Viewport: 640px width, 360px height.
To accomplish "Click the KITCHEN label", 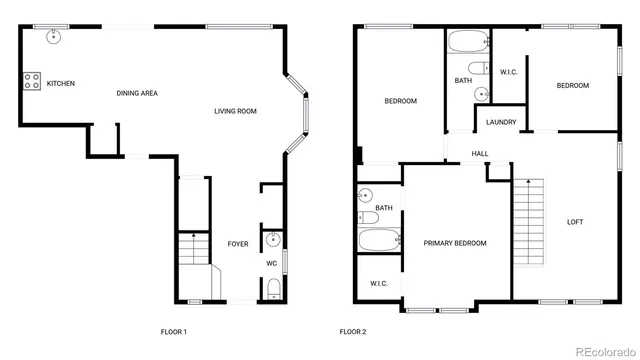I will click(60, 83).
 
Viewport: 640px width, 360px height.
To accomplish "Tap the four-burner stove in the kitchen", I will click(31, 82).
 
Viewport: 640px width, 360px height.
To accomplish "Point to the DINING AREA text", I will click(137, 93).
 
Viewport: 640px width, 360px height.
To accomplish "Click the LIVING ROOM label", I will click(237, 111).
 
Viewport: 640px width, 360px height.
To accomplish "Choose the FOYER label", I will click(237, 244).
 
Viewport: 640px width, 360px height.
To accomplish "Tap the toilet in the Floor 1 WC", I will click(273, 291).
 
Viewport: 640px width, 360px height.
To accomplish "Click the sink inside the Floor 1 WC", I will click(273, 240).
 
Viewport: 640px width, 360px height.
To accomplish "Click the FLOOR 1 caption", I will click(174, 331).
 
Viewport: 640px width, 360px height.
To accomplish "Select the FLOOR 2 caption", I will click(352, 331).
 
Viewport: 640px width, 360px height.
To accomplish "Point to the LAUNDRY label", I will click(501, 123).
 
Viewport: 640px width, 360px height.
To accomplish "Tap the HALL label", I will click(480, 153).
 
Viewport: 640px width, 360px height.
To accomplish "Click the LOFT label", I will click(575, 221).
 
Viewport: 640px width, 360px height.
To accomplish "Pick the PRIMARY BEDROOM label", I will click(454, 243).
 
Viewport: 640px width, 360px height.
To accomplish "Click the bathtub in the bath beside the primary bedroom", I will click(380, 241).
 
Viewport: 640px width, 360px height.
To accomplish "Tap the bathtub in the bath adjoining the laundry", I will click(466, 42).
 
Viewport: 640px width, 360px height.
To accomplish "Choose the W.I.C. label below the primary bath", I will click(378, 284).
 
